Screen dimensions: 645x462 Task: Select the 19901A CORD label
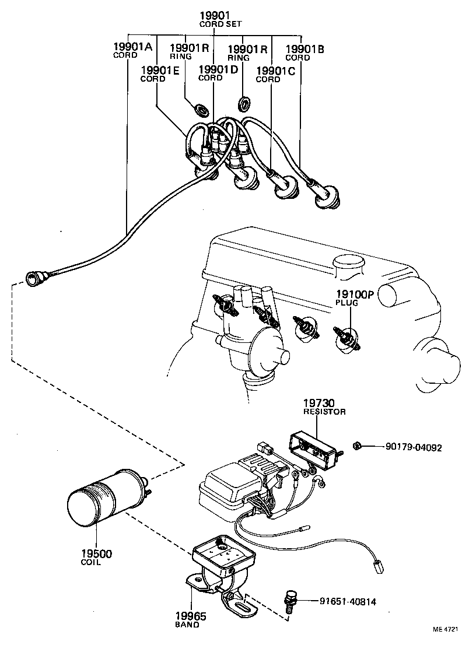[x=132, y=50]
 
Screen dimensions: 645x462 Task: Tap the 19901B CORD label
[x=304, y=52]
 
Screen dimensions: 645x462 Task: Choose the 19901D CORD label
[x=219, y=73]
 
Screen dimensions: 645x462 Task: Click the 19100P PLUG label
[x=353, y=298]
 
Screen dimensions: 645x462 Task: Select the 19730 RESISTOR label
[x=324, y=406]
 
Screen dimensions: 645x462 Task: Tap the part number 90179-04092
[x=414, y=448]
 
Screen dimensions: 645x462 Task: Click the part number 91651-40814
[x=348, y=601]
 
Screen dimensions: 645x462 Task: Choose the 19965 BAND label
[x=190, y=619]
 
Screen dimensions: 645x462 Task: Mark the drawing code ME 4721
[x=446, y=630]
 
